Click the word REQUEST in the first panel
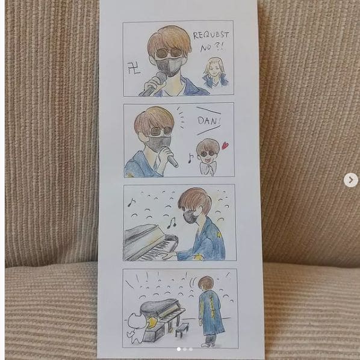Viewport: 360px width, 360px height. click(211, 35)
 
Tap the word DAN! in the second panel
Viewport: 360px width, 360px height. click(209, 121)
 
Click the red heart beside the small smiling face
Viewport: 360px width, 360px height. click(225, 146)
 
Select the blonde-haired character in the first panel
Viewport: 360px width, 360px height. click(215, 73)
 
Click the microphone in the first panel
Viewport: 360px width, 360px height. click(154, 83)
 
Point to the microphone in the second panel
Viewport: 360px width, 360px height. click(172, 158)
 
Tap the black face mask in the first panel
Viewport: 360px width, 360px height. click(169, 66)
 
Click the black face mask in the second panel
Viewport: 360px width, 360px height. click(160, 143)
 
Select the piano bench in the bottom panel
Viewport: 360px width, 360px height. click(182, 329)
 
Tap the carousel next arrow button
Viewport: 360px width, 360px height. click(350, 180)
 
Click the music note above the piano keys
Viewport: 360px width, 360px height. click(172, 223)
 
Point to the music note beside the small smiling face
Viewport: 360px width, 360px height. click(190, 158)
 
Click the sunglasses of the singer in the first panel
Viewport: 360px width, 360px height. click(169, 53)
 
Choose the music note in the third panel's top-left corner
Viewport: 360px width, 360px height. click(131, 202)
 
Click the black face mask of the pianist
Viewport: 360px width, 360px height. click(190, 217)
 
